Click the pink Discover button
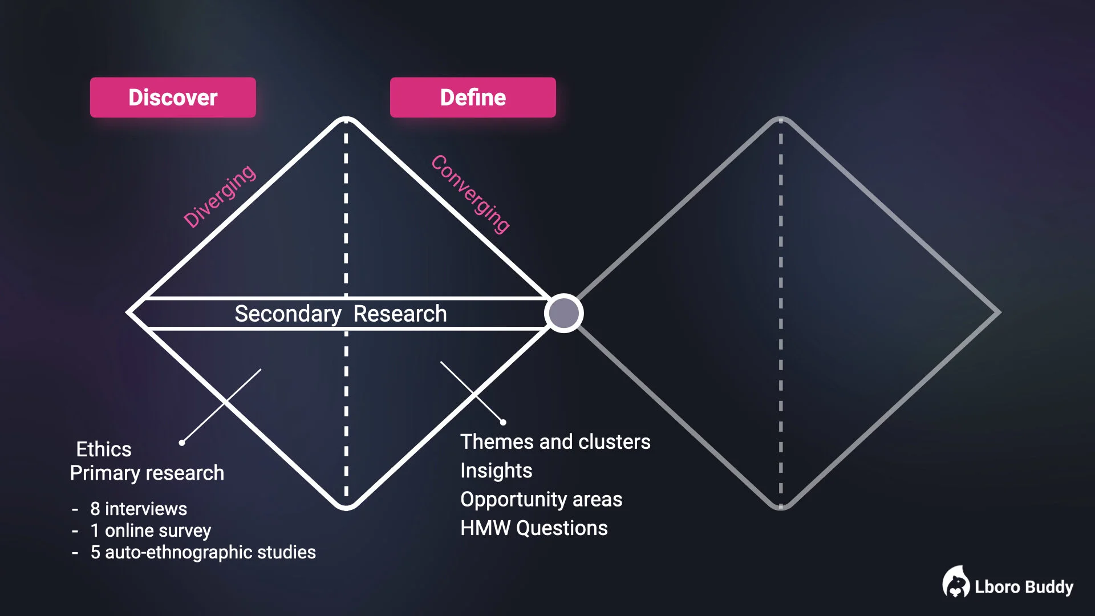tap(173, 98)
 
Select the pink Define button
tap(473, 98)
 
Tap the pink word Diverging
tap(220, 196)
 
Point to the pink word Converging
tap(471, 194)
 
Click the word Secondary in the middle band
tap(288, 314)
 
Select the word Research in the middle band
tap(400, 314)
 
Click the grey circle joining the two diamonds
tap(563, 313)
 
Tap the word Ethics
tap(104, 449)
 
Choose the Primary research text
tap(147, 473)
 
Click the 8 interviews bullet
tap(139, 508)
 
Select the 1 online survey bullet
tap(151, 530)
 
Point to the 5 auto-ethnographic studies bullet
tap(202, 552)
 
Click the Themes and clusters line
tap(555, 441)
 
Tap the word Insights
tap(496, 471)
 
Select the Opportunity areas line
tap(541, 499)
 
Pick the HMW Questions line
tap(534, 528)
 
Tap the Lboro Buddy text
tap(1024, 587)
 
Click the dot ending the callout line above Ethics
tap(182, 443)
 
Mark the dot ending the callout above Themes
tap(503, 422)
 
